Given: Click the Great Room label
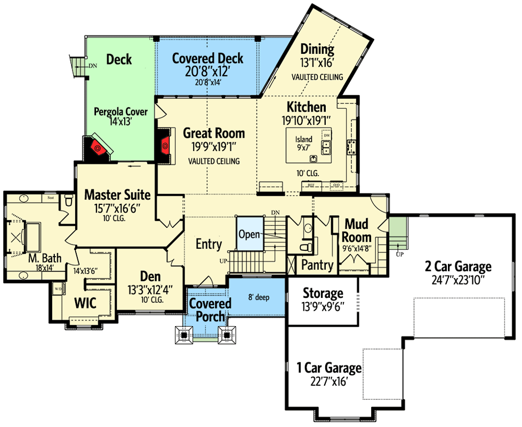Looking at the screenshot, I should (214, 133).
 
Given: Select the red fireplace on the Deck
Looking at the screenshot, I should (98, 147).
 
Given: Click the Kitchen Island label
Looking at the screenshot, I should (304, 140).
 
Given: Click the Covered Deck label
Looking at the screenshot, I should (207, 58).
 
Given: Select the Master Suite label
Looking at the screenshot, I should (117, 195).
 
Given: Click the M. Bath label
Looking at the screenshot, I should (45, 259).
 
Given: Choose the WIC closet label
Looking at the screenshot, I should (85, 304).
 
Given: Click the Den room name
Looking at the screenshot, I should (150, 276).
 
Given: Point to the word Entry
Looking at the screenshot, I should (208, 244).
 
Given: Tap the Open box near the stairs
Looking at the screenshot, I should (249, 234).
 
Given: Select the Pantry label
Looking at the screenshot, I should (317, 265).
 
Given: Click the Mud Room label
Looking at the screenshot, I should (357, 230).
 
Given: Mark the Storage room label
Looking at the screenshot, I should (323, 293).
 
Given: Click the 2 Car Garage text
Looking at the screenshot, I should (458, 266).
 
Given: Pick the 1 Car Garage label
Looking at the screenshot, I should (330, 368).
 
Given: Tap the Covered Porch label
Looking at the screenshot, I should (210, 310).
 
